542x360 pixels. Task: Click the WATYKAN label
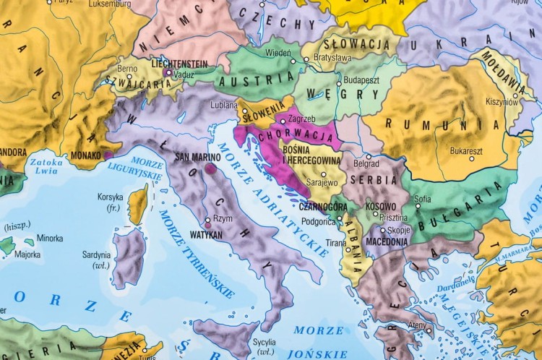[205, 234]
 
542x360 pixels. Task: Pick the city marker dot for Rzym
[207, 219]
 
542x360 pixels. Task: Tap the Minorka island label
[50, 238]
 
